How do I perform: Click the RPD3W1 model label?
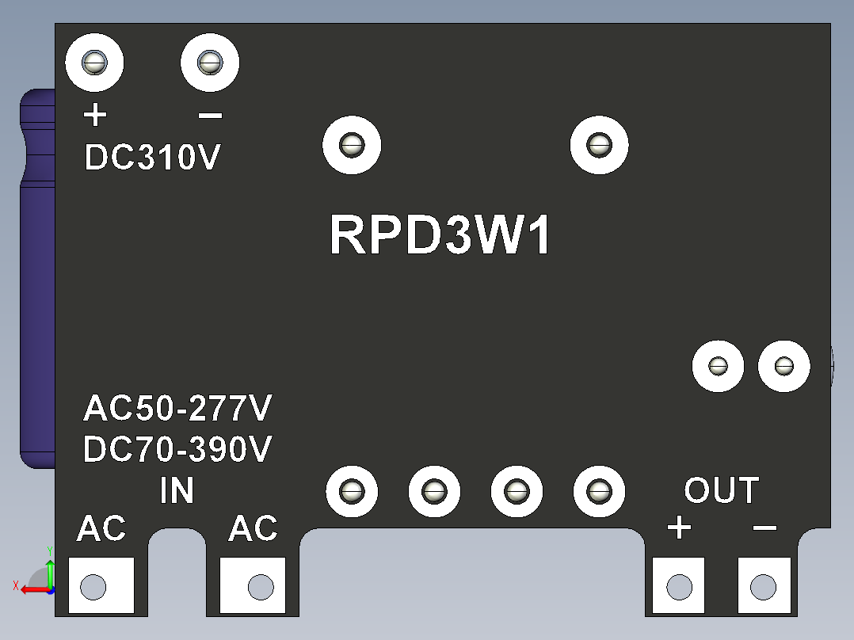[440, 234]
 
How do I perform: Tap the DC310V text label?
[152, 158]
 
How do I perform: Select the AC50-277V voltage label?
[177, 408]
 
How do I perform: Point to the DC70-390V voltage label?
[177, 449]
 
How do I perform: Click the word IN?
[177, 490]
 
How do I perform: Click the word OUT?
[722, 490]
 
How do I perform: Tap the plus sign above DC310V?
[95, 115]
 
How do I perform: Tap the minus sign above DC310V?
[210, 116]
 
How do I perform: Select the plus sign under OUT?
[679, 528]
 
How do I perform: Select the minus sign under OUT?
[764, 528]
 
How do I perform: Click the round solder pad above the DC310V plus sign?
[95, 63]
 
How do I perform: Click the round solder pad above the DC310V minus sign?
[210, 63]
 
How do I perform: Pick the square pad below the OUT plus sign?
[679, 585]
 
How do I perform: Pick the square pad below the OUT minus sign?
[764, 585]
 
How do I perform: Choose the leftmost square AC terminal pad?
[101, 585]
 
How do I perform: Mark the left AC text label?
[101, 528]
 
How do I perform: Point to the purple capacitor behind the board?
[37, 278]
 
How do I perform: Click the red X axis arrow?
[36, 589]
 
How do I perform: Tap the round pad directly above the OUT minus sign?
[783, 366]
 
